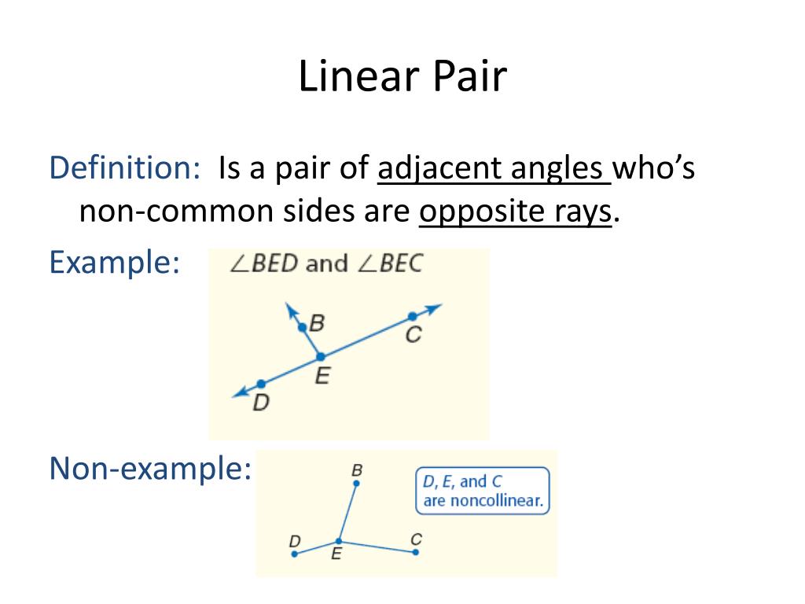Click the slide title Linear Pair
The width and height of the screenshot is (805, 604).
pyautogui.click(x=402, y=77)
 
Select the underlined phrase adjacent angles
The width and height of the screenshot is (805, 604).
pyautogui.click(x=494, y=168)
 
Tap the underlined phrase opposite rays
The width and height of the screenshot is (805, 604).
pyautogui.click(x=515, y=212)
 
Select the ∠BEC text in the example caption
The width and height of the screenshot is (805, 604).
pyautogui.click(x=389, y=263)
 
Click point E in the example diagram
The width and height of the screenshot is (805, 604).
pyautogui.click(x=321, y=356)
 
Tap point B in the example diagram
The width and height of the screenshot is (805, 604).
pyautogui.click(x=303, y=326)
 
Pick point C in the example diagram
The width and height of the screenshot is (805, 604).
pyautogui.click(x=412, y=316)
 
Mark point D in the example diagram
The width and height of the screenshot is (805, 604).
pyautogui.click(x=261, y=384)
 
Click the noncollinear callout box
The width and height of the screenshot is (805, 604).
pyautogui.click(x=482, y=492)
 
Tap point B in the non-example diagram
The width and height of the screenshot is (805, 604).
pyautogui.click(x=356, y=484)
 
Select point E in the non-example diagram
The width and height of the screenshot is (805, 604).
pyautogui.click(x=339, y=541)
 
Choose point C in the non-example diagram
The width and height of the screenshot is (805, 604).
pyautogui.click(x=415, y=552)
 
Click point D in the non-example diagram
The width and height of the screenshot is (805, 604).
pyautogui.click(x=295, y=554)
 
